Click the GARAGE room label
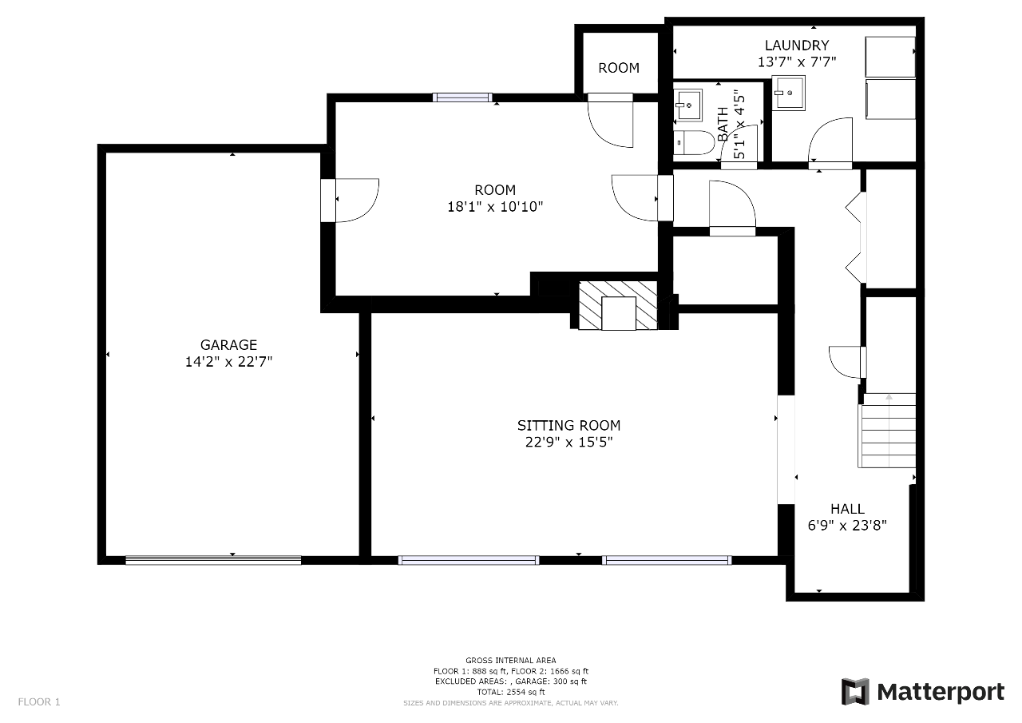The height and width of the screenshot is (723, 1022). coord(228,344)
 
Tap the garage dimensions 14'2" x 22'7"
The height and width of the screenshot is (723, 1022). coord(228,362)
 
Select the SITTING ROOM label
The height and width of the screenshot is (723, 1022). coord(569,425)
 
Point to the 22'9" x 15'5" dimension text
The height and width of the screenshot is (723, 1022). coord(569,443)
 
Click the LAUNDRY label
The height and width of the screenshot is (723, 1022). coord(797,46)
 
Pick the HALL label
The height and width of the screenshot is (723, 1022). coord(847,509)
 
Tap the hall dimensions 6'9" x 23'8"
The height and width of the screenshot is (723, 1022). coord(847,526)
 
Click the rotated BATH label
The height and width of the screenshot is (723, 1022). coord(723,124)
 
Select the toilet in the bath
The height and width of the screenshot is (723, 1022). coord(694,142)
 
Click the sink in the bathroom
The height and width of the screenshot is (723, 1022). coord(688,105)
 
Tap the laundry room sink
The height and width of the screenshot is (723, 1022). coord(788,93)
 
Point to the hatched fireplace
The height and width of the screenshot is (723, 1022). coord(618,305)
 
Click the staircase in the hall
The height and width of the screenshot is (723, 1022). coord(887,431)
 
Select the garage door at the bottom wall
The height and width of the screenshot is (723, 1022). coord(213,560)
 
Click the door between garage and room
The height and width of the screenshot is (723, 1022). coord(350,201)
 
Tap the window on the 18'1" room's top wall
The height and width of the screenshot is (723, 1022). coord(462,97)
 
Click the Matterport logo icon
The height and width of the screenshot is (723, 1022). coord(855,692)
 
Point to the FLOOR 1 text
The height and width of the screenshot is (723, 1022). coord(39,702)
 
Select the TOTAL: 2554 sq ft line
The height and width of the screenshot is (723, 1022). coord(511,692)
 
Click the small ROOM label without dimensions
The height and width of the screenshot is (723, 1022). coord(619,68)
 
